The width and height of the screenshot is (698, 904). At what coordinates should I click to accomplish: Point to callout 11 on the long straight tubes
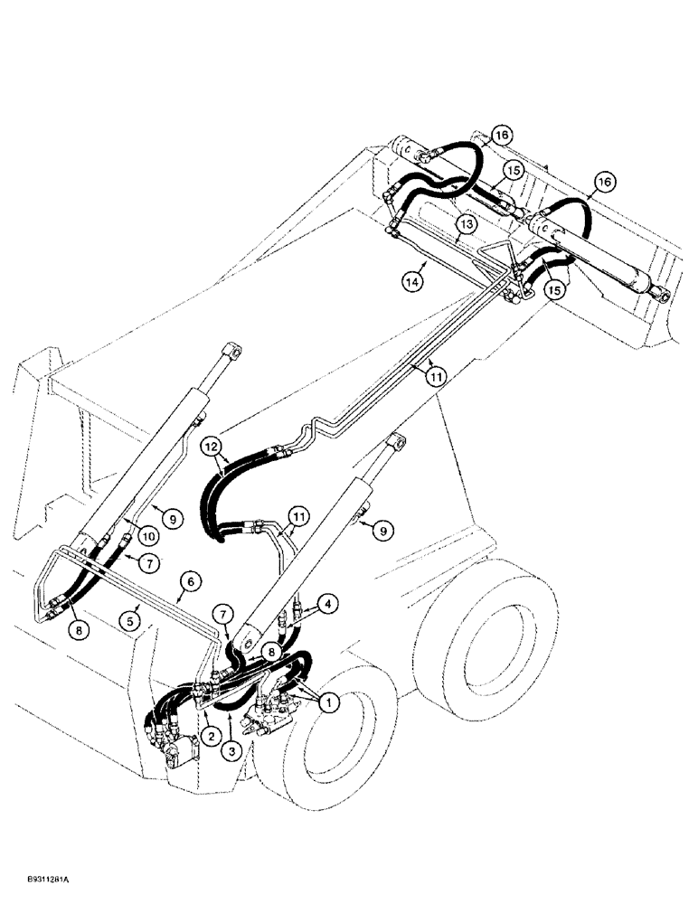[437, 372]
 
